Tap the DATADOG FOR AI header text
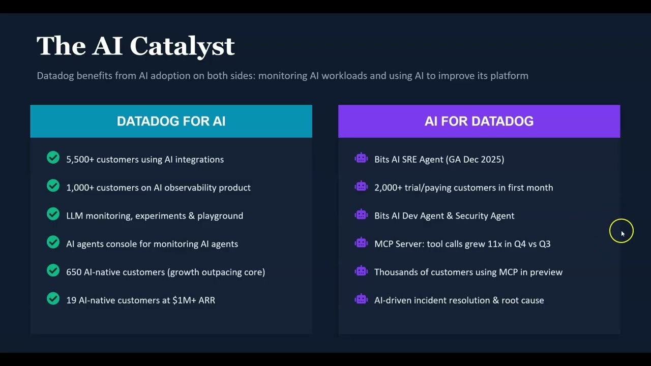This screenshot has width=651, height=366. [x=171, y=121]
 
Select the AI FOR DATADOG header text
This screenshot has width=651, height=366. [x=479, y=121]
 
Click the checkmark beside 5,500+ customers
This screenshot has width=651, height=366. [x=53, y=158]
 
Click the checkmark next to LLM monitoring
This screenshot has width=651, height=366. [x=53, y=215]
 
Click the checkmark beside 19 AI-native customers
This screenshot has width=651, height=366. [x=53, y=299]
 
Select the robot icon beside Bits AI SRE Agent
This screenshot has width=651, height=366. [x=361, y=158]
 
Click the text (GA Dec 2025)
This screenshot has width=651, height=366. [x=475, y=160]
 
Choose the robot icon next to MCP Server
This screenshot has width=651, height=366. [x=361, y=242]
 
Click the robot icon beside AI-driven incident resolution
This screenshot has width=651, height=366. [x=361, y=299]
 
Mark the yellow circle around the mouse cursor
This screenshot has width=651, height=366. [x=621, y=231]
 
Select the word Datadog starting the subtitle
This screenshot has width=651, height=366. [x=55, y=76]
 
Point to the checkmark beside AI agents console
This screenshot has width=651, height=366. [x=53, y=242]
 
